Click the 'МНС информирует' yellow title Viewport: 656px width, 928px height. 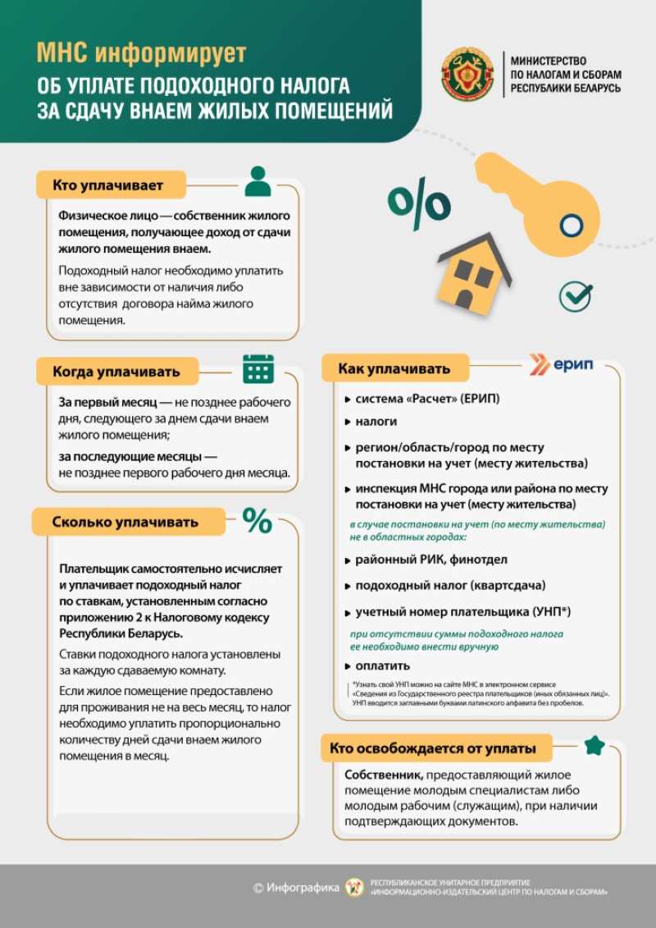[141, 54]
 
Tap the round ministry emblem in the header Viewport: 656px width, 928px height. [467, 75]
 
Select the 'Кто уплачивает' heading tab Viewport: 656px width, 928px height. [108, 185]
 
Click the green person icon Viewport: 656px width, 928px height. [257, 181]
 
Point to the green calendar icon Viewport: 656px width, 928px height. [257, 368]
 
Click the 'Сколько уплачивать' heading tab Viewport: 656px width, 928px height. [125, 522]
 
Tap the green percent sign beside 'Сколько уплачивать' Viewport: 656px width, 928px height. [257, 520]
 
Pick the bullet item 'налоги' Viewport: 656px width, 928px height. [376, 421]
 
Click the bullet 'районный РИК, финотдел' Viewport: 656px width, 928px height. [430, 560]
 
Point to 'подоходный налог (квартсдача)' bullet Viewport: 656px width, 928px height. [449, 585]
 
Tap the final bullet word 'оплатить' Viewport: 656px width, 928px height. [382, 665]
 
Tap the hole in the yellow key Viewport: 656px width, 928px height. [571, 225]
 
